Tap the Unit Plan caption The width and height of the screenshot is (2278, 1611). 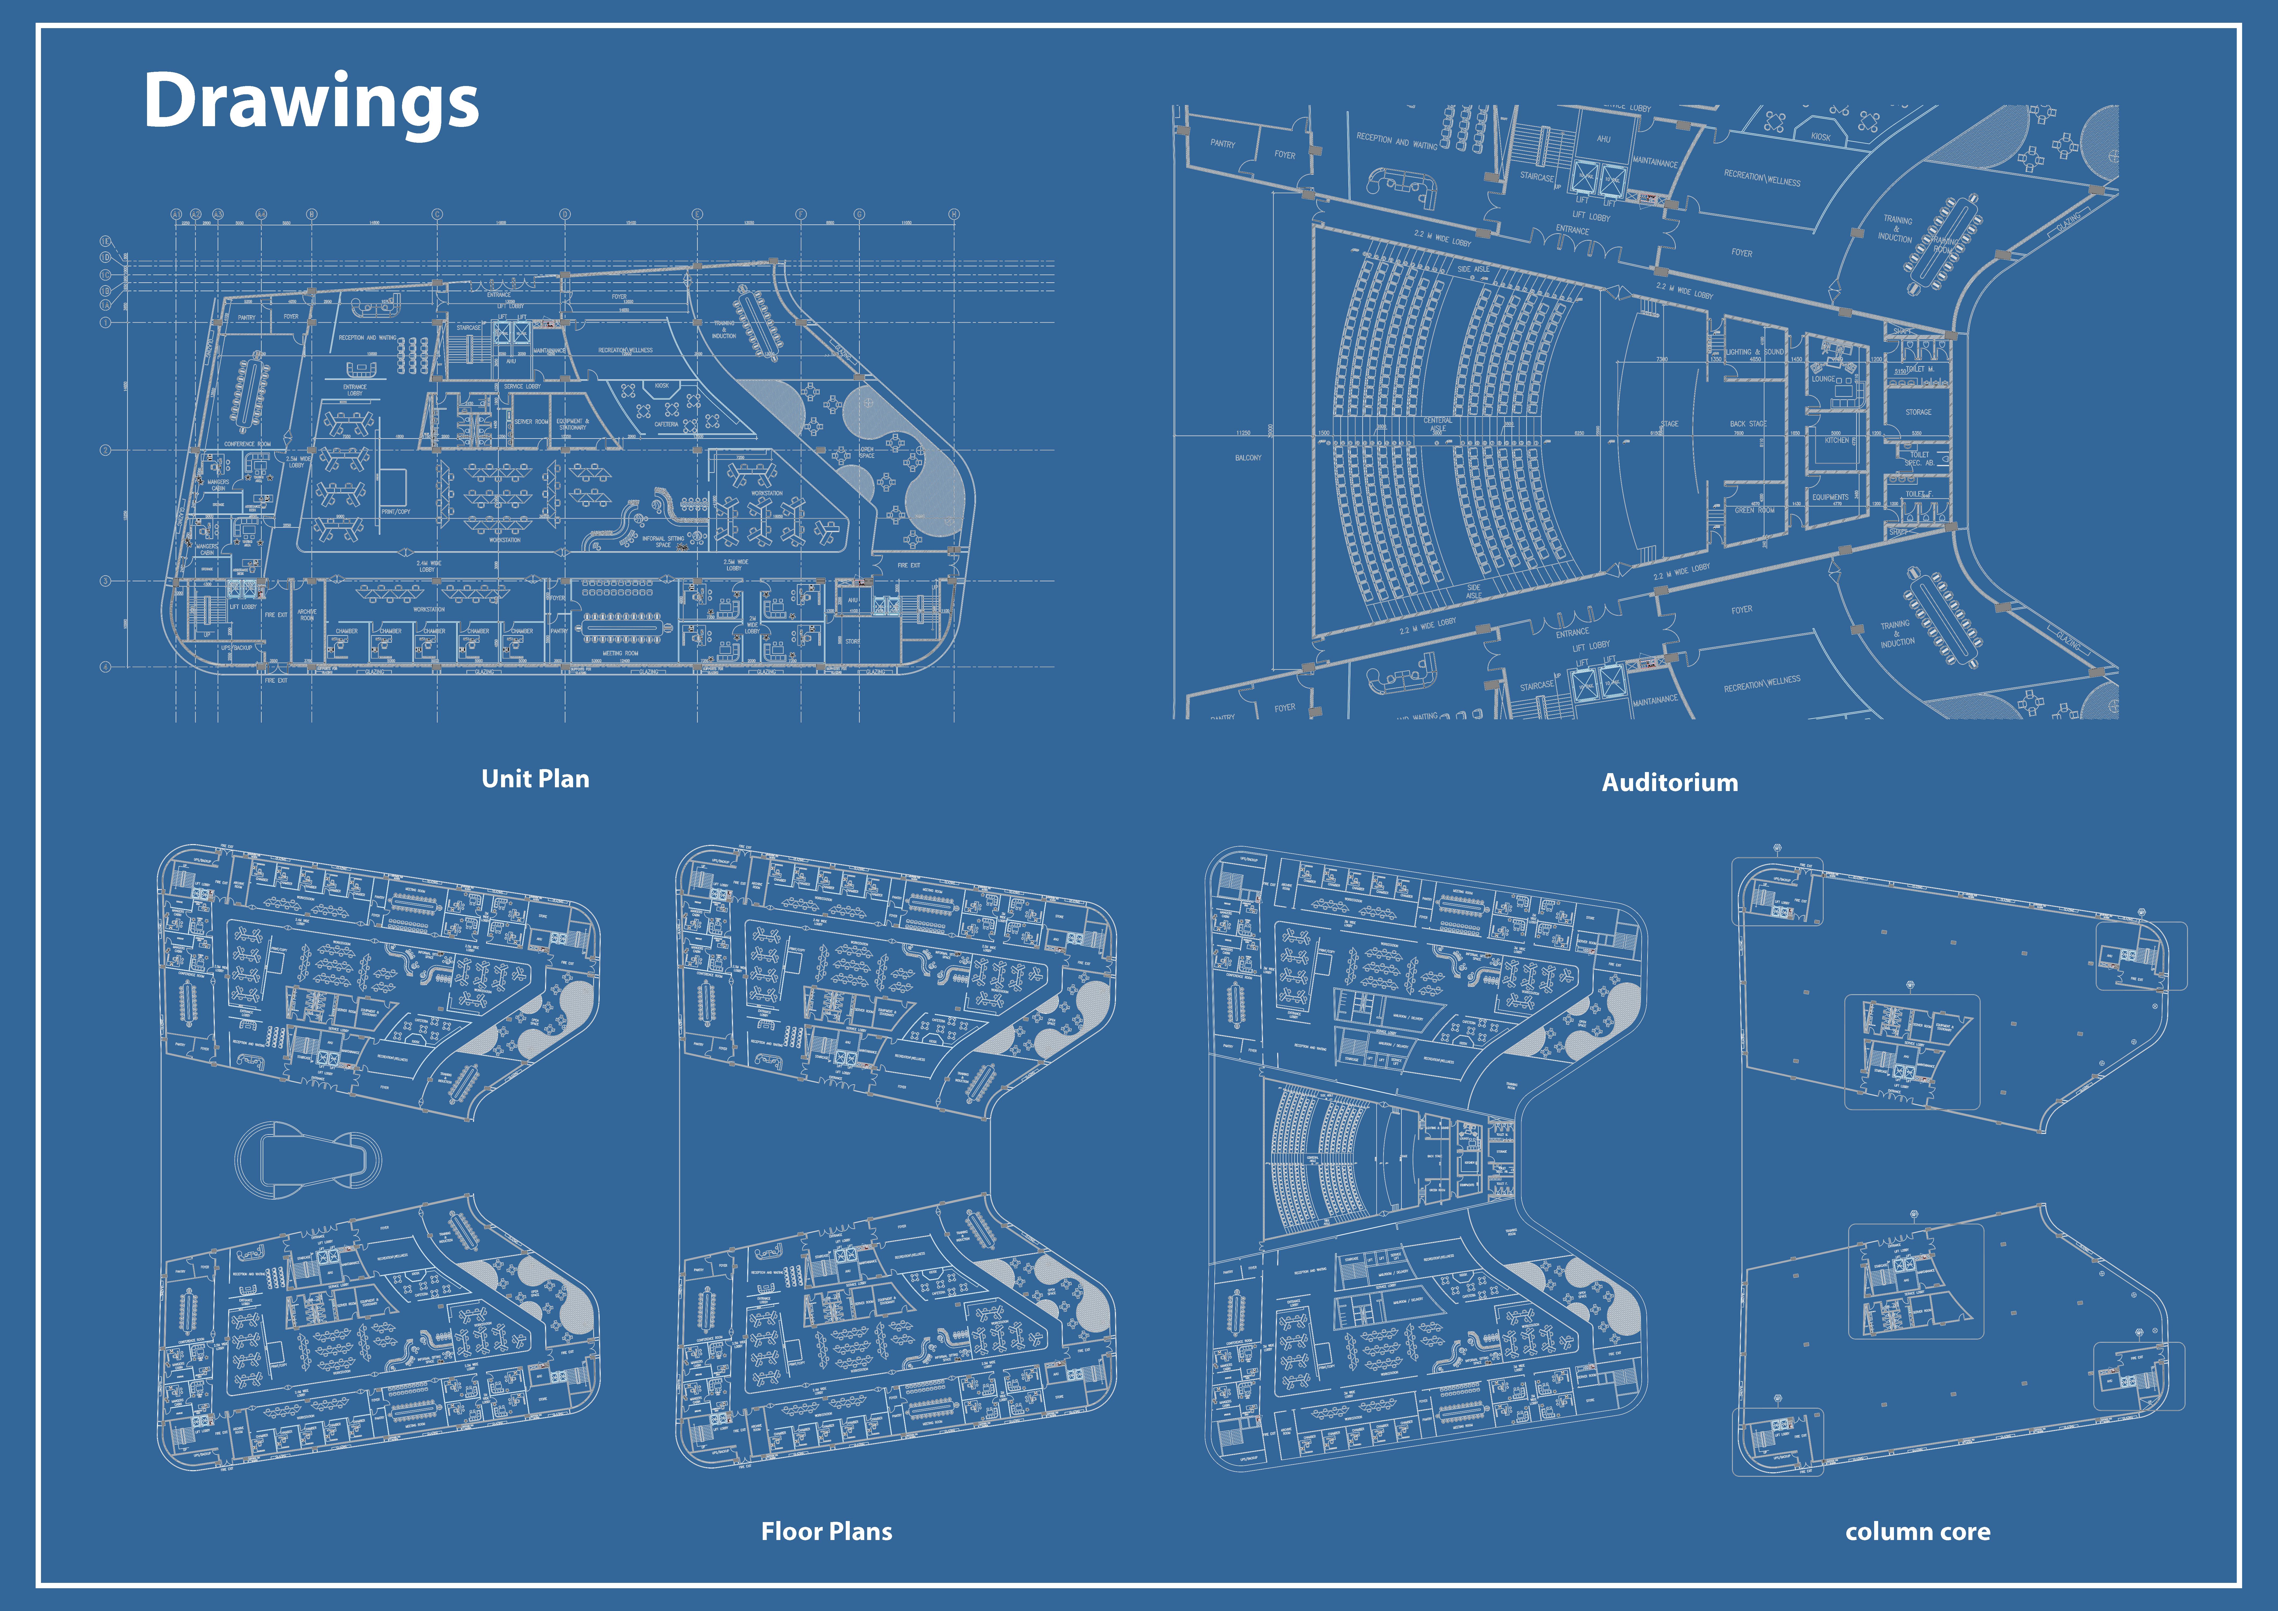point(535,779)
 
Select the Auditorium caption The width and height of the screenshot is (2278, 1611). point(1670,783)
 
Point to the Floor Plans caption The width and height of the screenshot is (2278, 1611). point(826,1532)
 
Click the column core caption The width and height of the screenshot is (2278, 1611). point(1917,1532)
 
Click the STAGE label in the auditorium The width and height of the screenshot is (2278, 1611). point(1669,424)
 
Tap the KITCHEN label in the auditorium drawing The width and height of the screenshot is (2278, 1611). point(1836,440)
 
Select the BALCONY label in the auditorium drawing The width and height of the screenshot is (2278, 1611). point(1248,458)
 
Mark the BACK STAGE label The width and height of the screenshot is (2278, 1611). point(1748,424)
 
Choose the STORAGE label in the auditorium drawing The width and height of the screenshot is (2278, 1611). point(1918,412)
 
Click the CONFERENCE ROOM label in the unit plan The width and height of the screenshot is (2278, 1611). point(247,444)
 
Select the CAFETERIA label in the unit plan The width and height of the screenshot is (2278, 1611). point(666,424)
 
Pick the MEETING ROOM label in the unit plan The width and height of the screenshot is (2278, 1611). point(620,653)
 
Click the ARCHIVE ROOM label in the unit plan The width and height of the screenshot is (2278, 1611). point(307,615)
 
